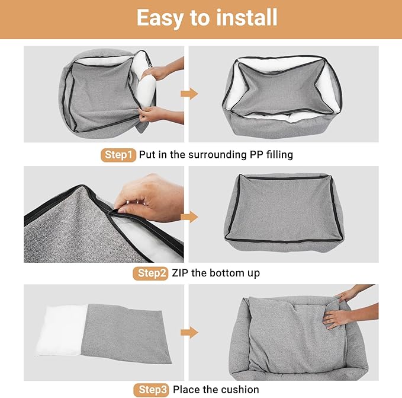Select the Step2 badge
pyautogui.click(x=151, y=273)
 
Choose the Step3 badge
pyautogui.click(x=151, y=390)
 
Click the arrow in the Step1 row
pyautogui.click(x=189, y=94)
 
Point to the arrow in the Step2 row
pyautogui.click(x=189, y=216)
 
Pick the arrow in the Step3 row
pyautogui.click(x=189, y=332)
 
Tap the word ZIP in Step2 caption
pyautogui.click(x=182, y=273)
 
